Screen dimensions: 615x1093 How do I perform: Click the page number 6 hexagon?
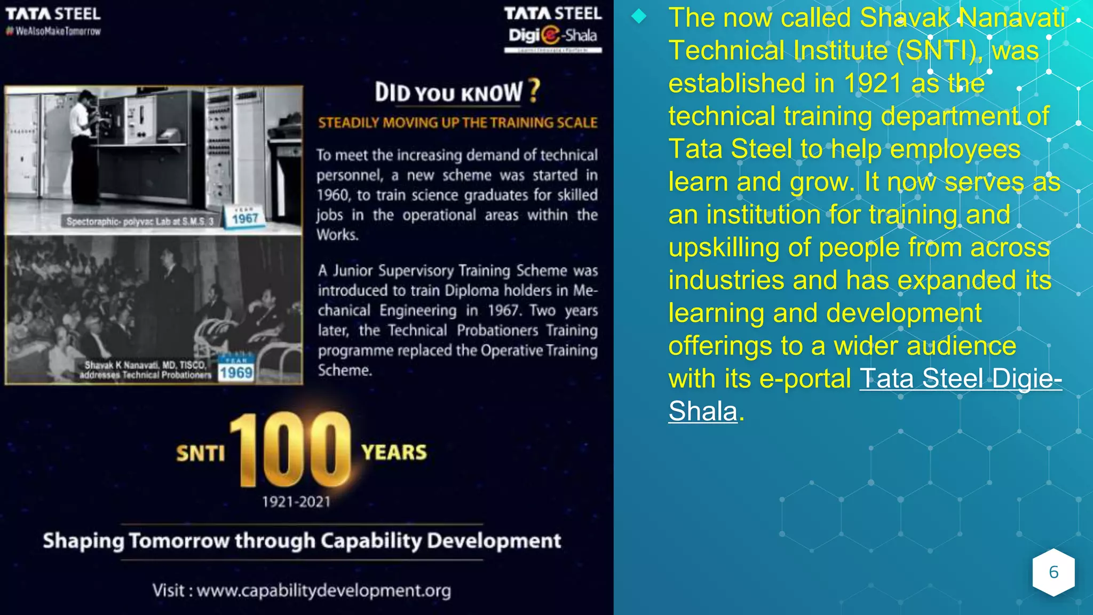click(1053, 572)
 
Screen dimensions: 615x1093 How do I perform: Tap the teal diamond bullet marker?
click(638, 17)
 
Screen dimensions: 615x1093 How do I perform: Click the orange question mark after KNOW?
click(534, 91)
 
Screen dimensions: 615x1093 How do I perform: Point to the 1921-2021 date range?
click(296, 502)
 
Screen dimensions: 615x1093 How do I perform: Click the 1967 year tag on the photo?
click(245, 218)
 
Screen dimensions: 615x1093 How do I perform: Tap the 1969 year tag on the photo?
click(235, 372)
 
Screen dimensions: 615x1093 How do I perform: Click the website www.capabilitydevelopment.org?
click(323, 590)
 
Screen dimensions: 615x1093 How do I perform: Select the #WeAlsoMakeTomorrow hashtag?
click(53, 31)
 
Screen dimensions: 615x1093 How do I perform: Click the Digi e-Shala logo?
click(552, 36)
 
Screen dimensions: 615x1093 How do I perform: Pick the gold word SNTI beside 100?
click(201, 453)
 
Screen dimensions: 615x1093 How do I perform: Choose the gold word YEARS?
click(394, 452)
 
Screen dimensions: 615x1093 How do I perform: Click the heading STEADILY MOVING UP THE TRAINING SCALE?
click(457, 123)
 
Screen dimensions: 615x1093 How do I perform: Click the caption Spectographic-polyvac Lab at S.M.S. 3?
click(140, 221)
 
